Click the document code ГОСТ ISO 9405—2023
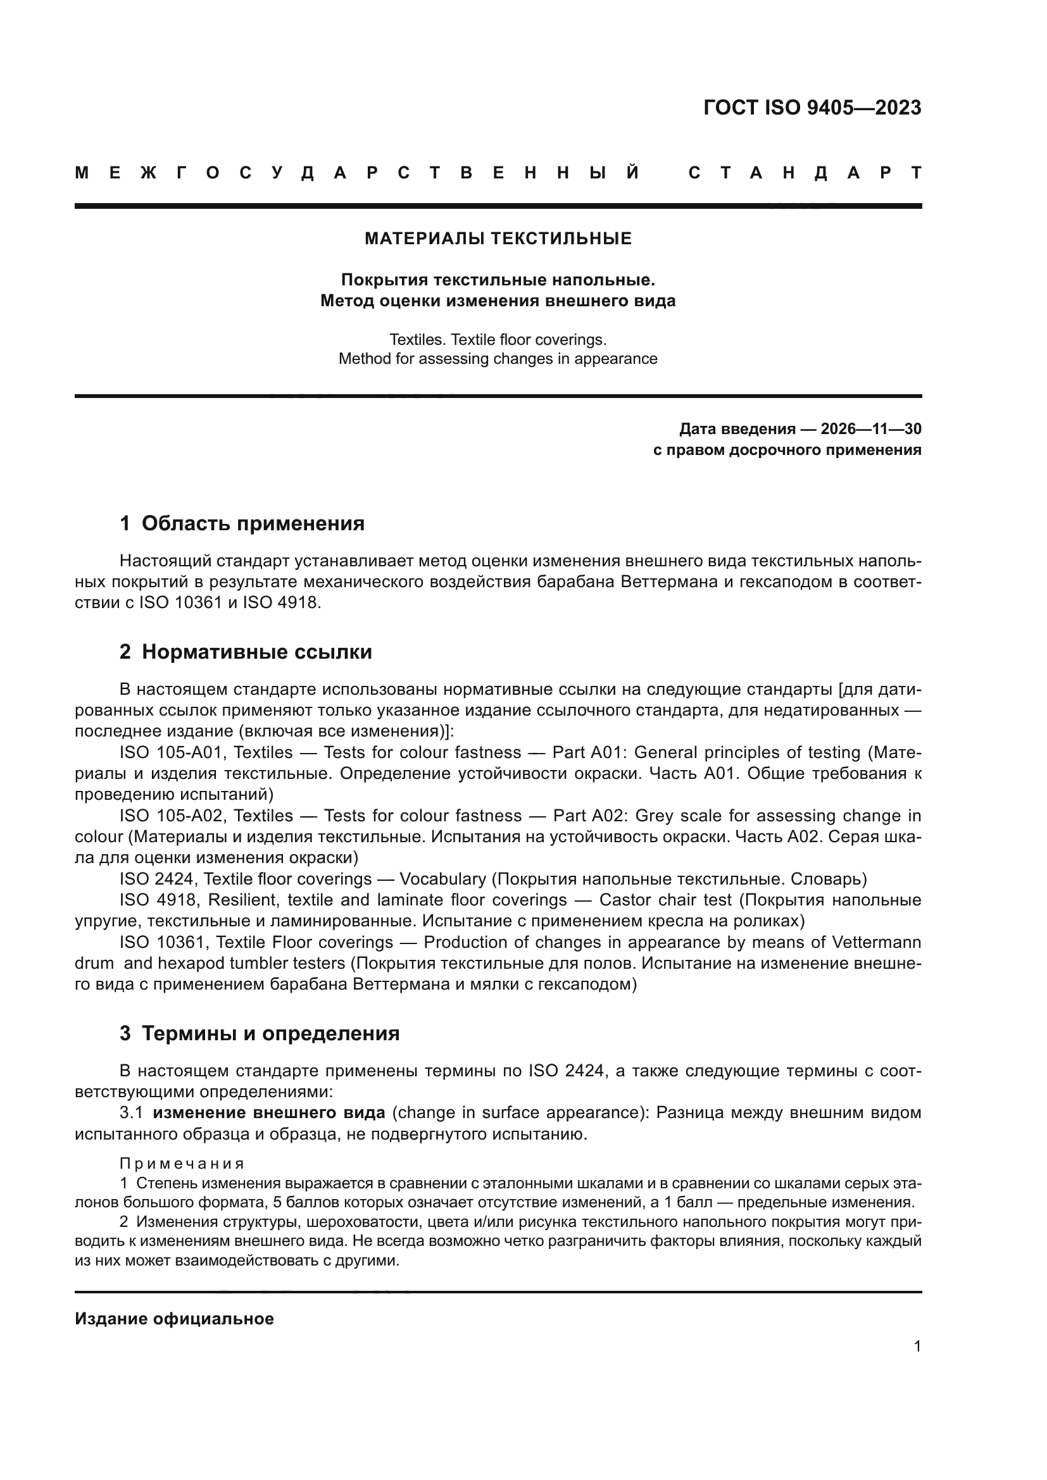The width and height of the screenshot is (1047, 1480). tap(812, 108)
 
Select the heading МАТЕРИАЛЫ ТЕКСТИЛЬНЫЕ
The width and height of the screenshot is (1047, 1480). tap(498, 239)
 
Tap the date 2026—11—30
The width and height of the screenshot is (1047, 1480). tap(870, 429)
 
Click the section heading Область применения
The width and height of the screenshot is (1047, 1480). tap(253, 523)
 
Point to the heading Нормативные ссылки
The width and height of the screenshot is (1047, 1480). tap(256, 652)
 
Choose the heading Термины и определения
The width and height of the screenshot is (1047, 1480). tap(270, 1034)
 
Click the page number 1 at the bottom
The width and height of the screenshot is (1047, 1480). tap(917, 1346)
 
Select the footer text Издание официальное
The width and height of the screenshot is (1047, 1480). tap(174, 1319)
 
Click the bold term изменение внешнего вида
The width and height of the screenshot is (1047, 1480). tap(269, 1112)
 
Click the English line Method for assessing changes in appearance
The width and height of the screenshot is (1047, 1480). tap(498, 359)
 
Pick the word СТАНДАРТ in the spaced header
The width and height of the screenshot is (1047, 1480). tap(805, 173)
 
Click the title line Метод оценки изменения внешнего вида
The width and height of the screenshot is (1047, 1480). tap(498, 301)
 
